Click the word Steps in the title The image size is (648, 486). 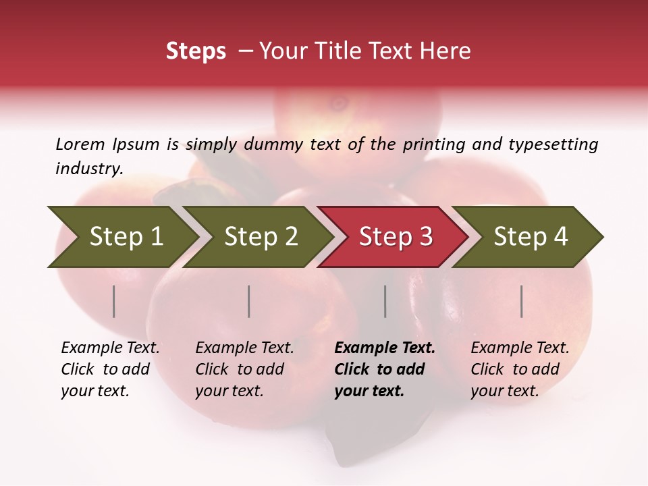(196, 51)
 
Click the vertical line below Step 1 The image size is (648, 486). (114, 301)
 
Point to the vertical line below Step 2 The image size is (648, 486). (249, 301)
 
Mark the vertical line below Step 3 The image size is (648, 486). (385, 301)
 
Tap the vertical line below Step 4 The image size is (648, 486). (522, 301)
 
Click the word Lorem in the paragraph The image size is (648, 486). (80, 144)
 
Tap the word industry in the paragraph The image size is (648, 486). (88, 169)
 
